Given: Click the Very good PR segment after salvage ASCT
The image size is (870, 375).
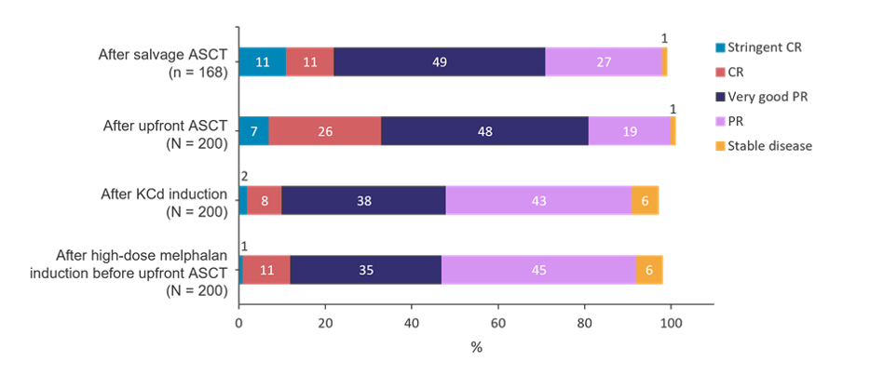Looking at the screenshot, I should [439, 62].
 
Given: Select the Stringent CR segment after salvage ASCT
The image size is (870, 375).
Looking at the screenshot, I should [263, 62].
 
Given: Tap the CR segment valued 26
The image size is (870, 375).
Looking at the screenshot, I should [324, 131].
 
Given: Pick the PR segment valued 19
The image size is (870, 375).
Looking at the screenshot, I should [629, 131].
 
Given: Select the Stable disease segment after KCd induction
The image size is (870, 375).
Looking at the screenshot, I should [645, 200].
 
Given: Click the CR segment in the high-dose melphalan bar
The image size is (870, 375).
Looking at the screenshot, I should [266, 269].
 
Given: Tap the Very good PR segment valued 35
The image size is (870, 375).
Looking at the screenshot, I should [365, 269].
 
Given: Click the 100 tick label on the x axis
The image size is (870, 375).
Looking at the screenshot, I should [671, 324].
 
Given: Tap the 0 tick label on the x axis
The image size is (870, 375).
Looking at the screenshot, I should [239, 324].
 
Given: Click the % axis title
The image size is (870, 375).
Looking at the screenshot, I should [476, 348].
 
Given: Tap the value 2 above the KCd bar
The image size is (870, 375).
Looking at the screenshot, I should [243, 174].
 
